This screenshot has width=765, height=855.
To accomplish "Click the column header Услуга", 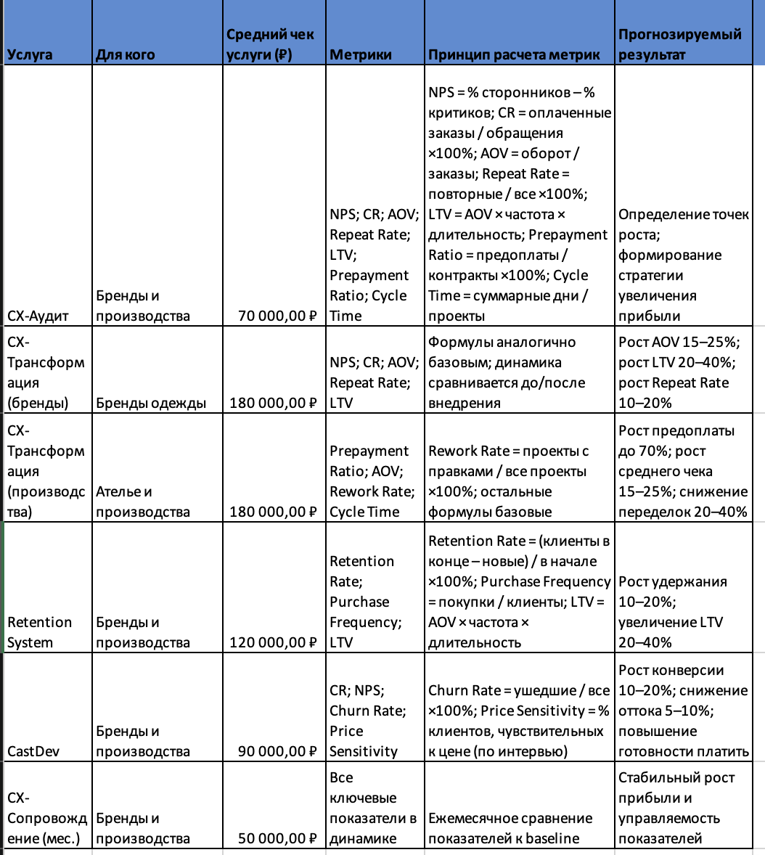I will pos(30,54).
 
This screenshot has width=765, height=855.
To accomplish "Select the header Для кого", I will pos(125,54).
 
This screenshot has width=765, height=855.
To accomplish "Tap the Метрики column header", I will pos(361,54).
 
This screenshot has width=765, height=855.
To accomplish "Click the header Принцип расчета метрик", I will pos(514,54).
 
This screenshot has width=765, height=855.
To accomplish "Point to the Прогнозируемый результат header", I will pos(679,44).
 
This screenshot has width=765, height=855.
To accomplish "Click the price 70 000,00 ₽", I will pos(278,316).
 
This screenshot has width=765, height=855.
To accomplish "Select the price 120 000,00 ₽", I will pos(273,642).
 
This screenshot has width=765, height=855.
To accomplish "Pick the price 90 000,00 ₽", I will pos(278,751).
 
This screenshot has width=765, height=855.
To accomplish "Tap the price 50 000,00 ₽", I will pos(278,838).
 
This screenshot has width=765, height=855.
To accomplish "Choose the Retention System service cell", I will pos(40,632).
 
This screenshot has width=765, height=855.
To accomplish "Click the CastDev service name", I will pos(33,751).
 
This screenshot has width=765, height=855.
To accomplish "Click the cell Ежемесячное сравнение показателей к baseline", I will pos(510,828).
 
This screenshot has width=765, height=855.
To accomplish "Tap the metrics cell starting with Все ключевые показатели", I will pos(372,808).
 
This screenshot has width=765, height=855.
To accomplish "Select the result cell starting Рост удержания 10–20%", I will pos(672,612).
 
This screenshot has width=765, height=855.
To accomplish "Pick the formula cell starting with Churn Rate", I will pos(519,721).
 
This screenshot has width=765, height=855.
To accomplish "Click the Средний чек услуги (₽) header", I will pos(271,44).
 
